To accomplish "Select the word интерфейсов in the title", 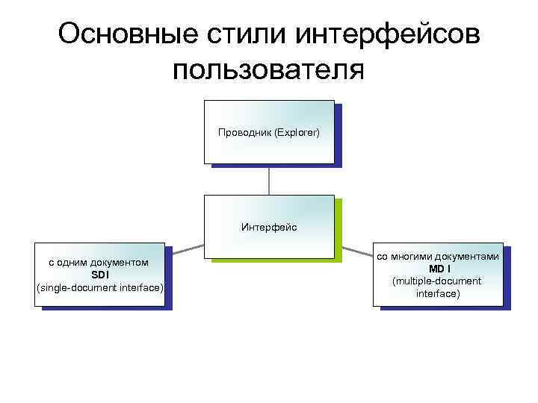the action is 387,34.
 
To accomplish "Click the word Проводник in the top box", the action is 245,133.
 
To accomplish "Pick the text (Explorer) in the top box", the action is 297,133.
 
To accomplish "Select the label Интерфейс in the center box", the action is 269,226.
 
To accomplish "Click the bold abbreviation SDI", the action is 100,275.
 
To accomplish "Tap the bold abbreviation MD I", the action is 438,269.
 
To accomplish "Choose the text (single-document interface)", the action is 100,287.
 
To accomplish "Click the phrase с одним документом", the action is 98,263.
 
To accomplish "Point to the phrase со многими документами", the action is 438,256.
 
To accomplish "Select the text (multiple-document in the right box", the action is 438,281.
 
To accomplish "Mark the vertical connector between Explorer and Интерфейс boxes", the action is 269,180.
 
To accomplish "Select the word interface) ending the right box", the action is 438,294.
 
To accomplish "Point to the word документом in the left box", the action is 119,263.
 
